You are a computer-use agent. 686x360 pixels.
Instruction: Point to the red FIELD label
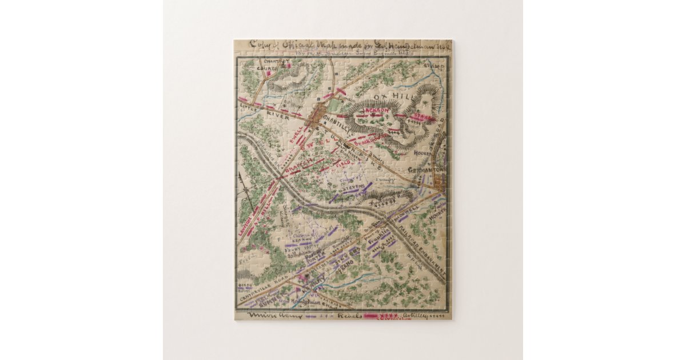click(342, 163)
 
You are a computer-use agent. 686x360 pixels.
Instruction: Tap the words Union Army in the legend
click(274, 315)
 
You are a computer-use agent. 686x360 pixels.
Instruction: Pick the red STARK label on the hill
click(424, 117)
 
